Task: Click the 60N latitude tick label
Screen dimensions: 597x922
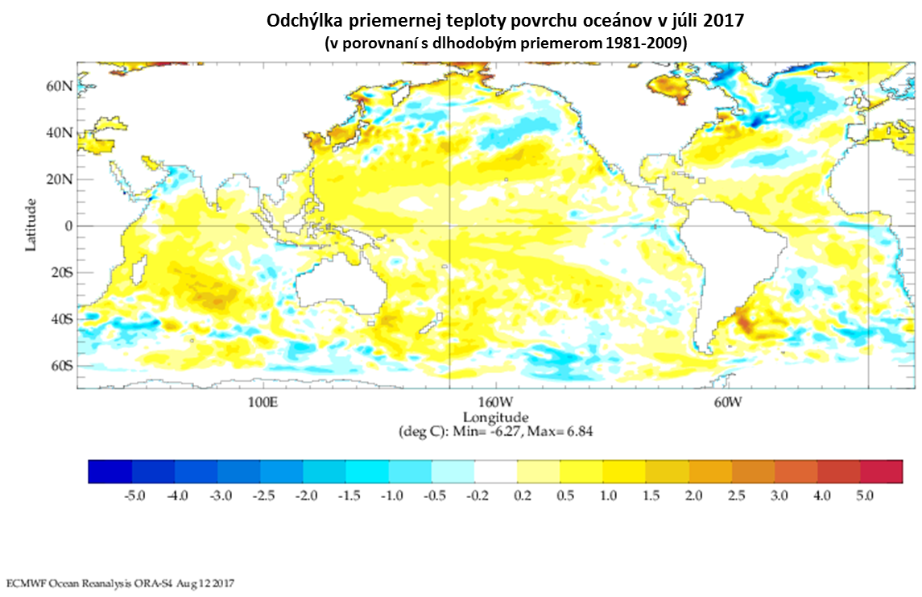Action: tap(60, 86)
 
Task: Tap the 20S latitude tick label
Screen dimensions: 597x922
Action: tap(60, 272)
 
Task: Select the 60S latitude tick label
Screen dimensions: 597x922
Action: tap(60, 366)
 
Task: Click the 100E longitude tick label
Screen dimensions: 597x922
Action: tap(263, 402)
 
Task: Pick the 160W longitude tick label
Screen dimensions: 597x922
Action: tap(495, 402)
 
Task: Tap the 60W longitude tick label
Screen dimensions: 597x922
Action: tap(727, 402)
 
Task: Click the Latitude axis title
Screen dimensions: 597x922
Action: tap(31, 225)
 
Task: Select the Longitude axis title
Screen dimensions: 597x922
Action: tap(495, 417)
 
